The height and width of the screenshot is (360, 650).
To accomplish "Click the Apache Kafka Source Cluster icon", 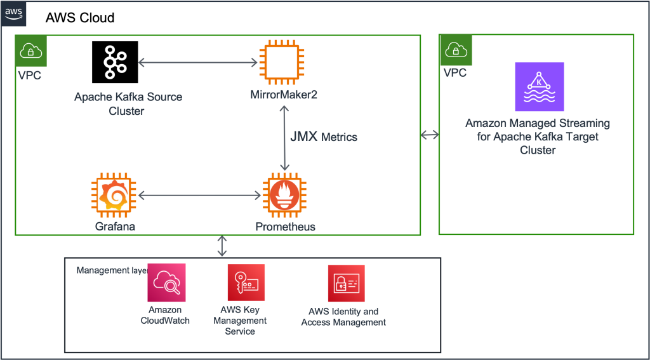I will coord(116,62).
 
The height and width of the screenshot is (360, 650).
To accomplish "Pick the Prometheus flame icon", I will coord(284,196).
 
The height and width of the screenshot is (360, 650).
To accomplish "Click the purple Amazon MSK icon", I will coord(539,87).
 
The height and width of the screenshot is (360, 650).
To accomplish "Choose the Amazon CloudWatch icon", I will coord(166,283).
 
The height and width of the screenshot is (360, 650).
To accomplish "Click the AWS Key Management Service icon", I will coord(246,283).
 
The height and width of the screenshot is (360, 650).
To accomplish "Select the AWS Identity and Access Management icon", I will coord(346,283).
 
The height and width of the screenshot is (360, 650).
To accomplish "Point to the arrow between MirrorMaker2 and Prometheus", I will coord(284,138).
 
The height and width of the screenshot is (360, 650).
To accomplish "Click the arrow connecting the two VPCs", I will coord(430,135).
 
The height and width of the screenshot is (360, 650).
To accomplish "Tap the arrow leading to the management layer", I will coord(222,246).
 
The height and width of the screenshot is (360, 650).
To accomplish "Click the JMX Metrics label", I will coord(324,137).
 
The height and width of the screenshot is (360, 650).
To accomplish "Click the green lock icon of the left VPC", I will coord(31,51).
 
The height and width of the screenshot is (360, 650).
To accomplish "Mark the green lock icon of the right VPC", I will coord(455,51).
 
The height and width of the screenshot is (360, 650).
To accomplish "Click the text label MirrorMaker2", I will coord(284,95).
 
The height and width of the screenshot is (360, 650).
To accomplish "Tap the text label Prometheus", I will coord(285,227).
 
